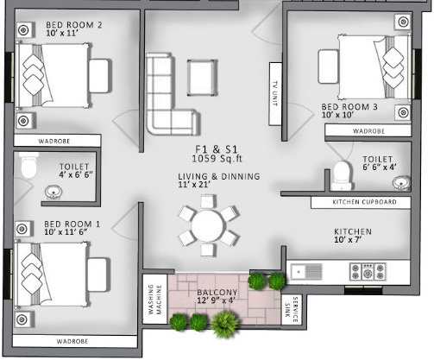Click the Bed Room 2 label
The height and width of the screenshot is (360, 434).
[x=73, y=26]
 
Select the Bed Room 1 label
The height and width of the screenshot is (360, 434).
[x=72, y=224]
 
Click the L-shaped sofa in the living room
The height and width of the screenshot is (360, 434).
[x=160, y=93]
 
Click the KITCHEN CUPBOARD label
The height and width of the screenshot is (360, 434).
[x=365, y=202]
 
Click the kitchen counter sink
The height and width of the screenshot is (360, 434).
[x=305, y=272]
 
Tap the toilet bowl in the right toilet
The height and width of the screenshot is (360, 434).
[x=343, y=175]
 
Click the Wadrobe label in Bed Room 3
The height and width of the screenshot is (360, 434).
[x=368, y=131]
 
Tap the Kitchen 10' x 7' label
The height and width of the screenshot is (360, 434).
[x=353, y=236]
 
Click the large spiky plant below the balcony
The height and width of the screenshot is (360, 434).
[x=226, y=323]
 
